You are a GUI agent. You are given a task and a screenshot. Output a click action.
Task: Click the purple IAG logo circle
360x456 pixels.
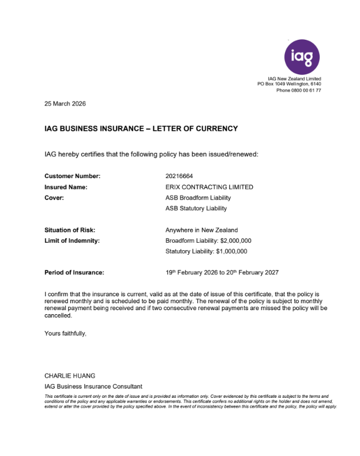coord(302,56)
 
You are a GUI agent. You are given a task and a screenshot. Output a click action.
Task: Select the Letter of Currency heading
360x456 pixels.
coord(141,129)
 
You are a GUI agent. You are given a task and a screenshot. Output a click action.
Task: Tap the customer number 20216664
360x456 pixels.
coord(179,176)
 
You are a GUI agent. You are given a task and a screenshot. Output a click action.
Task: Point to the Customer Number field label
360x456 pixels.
coord(72,176)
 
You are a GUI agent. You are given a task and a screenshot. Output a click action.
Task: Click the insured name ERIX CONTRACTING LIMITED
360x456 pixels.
coord(209,187)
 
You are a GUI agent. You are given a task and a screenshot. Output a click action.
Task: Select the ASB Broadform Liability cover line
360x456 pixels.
coord(198,198)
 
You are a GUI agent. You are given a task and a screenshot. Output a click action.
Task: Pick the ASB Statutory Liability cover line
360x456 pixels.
coord(196,208)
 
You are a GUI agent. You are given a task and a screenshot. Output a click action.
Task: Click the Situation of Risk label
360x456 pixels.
coord(70,230)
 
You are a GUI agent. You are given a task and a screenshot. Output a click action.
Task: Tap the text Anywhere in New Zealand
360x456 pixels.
coord(201,230)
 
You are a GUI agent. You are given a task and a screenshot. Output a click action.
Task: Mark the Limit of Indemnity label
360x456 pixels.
coord(72,240)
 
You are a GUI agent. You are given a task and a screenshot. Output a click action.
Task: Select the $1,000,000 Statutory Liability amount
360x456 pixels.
coord(232,251)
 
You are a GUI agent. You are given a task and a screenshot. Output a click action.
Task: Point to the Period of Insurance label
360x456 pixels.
coord(74,273)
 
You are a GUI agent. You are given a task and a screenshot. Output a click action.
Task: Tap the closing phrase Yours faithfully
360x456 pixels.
coord(65,333)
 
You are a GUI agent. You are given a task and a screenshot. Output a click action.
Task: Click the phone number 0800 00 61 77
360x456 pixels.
coord(306,91)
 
